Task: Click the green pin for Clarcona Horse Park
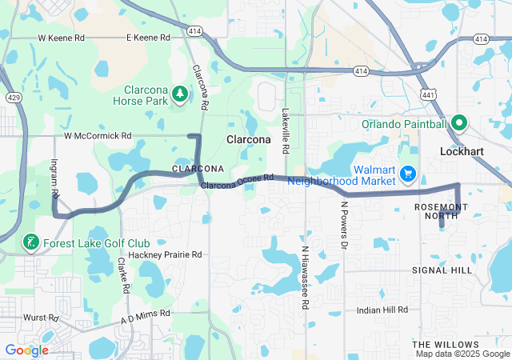click(x=181, y=95)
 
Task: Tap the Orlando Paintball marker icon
click(x=459, y=123)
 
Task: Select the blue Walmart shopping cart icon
click(x=408, y=173)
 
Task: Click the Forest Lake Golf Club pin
click(x=30, y=243)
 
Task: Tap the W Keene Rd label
click(x=62, y=38)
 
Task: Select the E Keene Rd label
click(x=148, y=38)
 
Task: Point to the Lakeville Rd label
click(x=285, y=131)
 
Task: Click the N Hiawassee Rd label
click(x=305, y=277)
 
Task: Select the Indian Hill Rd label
click(x=382, y=310)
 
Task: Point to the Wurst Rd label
click(x=42, y=318)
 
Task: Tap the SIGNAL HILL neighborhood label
click(x=442, y=270)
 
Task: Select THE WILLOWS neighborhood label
click(x=446, y=343)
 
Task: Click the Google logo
click(x=26, y=350)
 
